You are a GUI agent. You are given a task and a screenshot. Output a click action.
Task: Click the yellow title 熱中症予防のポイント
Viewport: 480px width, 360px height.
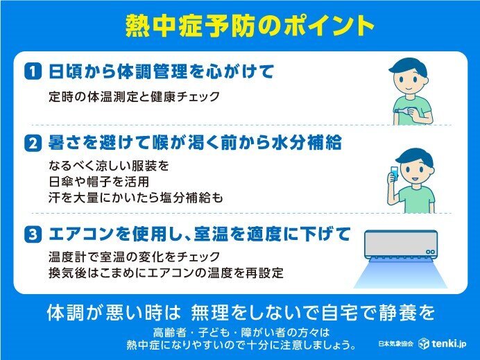pos(250,26)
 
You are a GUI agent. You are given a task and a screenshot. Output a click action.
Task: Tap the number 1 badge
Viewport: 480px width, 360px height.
pos(33,72)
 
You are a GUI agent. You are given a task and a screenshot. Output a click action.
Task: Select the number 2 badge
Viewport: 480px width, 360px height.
pos(33,144)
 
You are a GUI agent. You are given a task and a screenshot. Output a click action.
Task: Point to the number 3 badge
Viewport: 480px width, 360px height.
pos(33,234)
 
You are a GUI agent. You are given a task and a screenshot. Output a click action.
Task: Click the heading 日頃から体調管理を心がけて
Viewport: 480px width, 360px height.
pos(161,71)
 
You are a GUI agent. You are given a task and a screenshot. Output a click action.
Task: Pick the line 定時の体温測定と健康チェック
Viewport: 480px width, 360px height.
pos(134,96)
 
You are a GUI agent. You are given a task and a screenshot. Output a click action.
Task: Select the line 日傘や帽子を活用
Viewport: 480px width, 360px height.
pos(98,182)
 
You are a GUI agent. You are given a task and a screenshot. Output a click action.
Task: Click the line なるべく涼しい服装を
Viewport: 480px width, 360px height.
pos(109,166)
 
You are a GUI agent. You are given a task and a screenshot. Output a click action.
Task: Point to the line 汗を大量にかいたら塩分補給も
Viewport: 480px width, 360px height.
pos(135,198)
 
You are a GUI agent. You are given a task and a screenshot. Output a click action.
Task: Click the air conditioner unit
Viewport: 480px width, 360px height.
pos(401,245)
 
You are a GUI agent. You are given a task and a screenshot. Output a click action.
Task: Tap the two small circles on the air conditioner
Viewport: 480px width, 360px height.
pos(430,252)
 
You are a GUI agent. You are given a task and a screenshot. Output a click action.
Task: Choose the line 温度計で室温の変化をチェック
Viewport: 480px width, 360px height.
pos(134,257)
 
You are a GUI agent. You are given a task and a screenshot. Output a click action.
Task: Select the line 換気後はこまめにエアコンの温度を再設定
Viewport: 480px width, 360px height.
pos(166,273)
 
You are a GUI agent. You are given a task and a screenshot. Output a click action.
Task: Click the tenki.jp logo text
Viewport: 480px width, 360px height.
pos(449,343)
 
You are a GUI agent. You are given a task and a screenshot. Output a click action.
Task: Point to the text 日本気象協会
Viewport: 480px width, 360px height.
pos(396,344)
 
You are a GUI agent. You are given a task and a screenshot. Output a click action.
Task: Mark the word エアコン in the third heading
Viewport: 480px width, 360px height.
pos(82,234)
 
